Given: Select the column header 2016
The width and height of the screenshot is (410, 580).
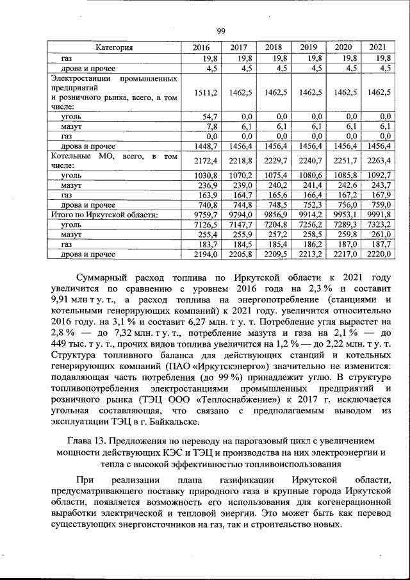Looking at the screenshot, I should click(201, 47).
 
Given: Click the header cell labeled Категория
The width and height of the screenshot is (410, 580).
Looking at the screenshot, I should click(114, 47).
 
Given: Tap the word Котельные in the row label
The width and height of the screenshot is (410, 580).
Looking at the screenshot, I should click(71, 156).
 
